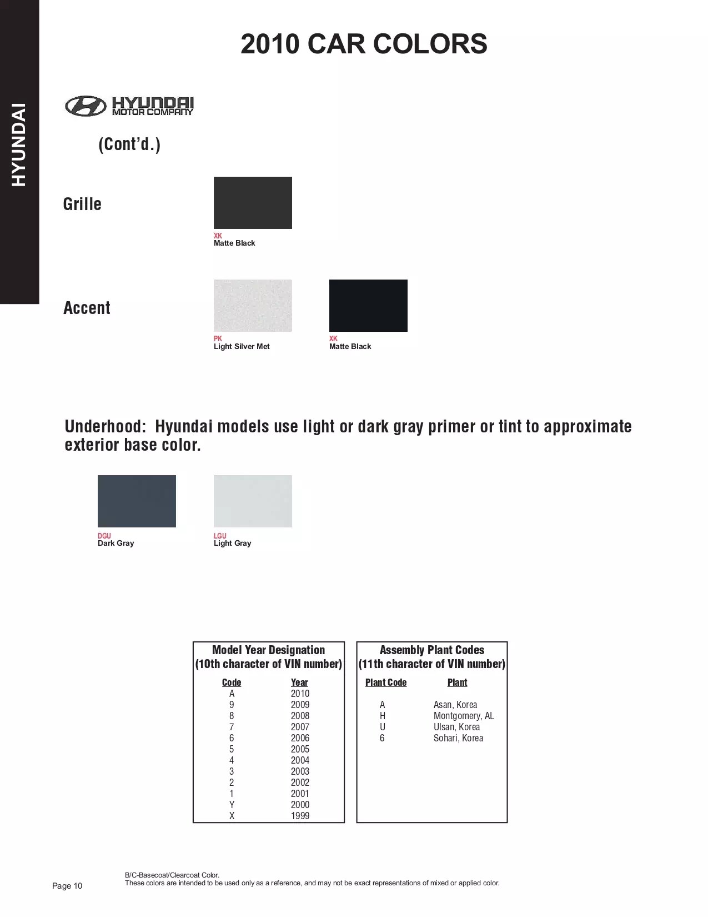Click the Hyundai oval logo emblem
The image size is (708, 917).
click(85, 106)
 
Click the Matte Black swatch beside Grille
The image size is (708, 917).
click(253, 203)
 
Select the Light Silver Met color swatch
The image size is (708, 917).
click(253, 306)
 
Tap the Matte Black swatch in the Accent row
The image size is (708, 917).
click(368, 306)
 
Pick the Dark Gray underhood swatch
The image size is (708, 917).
click(137, 501)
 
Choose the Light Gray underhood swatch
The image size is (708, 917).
click(253, 501)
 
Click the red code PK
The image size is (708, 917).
click(218, 338)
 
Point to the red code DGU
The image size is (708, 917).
click(104, 536)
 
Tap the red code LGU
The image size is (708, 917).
click(220, 536)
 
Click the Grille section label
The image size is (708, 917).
click(82, 204)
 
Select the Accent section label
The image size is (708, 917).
click(87, 308)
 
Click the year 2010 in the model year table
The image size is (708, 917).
click(300, 694)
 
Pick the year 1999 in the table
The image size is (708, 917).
click(300, 816)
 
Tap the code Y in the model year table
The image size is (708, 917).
click(232, 805)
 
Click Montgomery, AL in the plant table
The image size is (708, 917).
click(464, 716)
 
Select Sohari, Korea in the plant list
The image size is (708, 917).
click(458, 738)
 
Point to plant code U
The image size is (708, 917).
click(382, 727)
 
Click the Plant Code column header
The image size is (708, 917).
click(386, 682)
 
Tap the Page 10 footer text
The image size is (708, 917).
click(67, 886)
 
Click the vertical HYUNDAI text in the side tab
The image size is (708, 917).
click(19, 144)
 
